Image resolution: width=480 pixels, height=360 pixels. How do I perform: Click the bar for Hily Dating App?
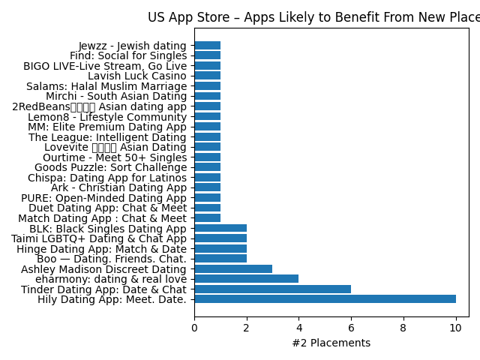pos(325,299)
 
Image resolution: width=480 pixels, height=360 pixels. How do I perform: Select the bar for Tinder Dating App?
pos(272,289)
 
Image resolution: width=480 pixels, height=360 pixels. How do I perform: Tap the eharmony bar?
pos(246,279)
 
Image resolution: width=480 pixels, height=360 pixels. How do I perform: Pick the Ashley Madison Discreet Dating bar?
pos(233,268)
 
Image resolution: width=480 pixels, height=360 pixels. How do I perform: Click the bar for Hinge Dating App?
pos(220,248)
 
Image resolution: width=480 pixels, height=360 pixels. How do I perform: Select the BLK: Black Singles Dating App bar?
pos(220,228)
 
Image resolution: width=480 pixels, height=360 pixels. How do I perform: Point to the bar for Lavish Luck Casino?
pos(207,76)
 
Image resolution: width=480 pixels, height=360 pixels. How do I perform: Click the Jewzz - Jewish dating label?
pos(132,46)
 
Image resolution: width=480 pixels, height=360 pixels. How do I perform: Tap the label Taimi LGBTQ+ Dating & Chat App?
pos(98,238)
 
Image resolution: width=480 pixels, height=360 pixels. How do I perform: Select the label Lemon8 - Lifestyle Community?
pos(106,117)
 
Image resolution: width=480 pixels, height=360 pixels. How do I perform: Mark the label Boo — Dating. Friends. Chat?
pos(111,259)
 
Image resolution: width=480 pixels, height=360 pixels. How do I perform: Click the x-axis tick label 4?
pos(298,328)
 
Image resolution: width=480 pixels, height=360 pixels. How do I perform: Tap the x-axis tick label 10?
pos(455,328)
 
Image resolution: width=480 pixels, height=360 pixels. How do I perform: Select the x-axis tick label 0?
pos(194,328)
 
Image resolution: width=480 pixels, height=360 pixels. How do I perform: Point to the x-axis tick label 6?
pos(351,328)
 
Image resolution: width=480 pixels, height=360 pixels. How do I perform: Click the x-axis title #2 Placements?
pos(331,343)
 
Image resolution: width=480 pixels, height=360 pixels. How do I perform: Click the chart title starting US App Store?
pos(313,17)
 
